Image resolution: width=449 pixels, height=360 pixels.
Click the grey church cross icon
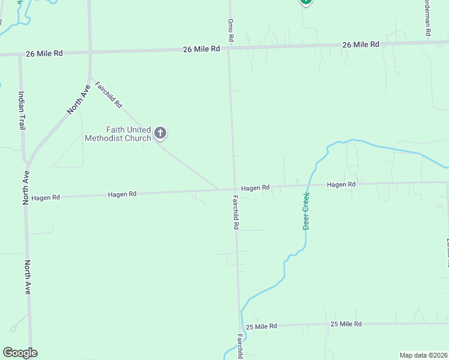(160, 132)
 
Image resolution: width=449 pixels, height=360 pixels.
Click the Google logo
(20, 353)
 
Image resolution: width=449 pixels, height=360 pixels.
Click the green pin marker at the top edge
(306, 2)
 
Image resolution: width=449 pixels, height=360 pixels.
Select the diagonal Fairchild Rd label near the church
(109, 95)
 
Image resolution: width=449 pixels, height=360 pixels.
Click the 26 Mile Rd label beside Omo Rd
(202, 49)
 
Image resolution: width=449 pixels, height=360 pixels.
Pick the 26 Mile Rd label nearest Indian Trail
(44, 53)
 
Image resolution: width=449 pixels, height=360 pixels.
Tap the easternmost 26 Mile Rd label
(361, 44)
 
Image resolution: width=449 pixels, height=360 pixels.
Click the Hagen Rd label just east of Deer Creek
(341, 184)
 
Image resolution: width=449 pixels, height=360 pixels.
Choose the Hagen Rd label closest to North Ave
(46, 197)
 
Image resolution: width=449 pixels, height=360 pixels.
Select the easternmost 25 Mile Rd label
(346, 324)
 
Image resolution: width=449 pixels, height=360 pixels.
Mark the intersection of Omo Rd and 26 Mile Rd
(228, 48)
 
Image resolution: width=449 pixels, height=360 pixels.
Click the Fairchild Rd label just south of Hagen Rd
(236, 213)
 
